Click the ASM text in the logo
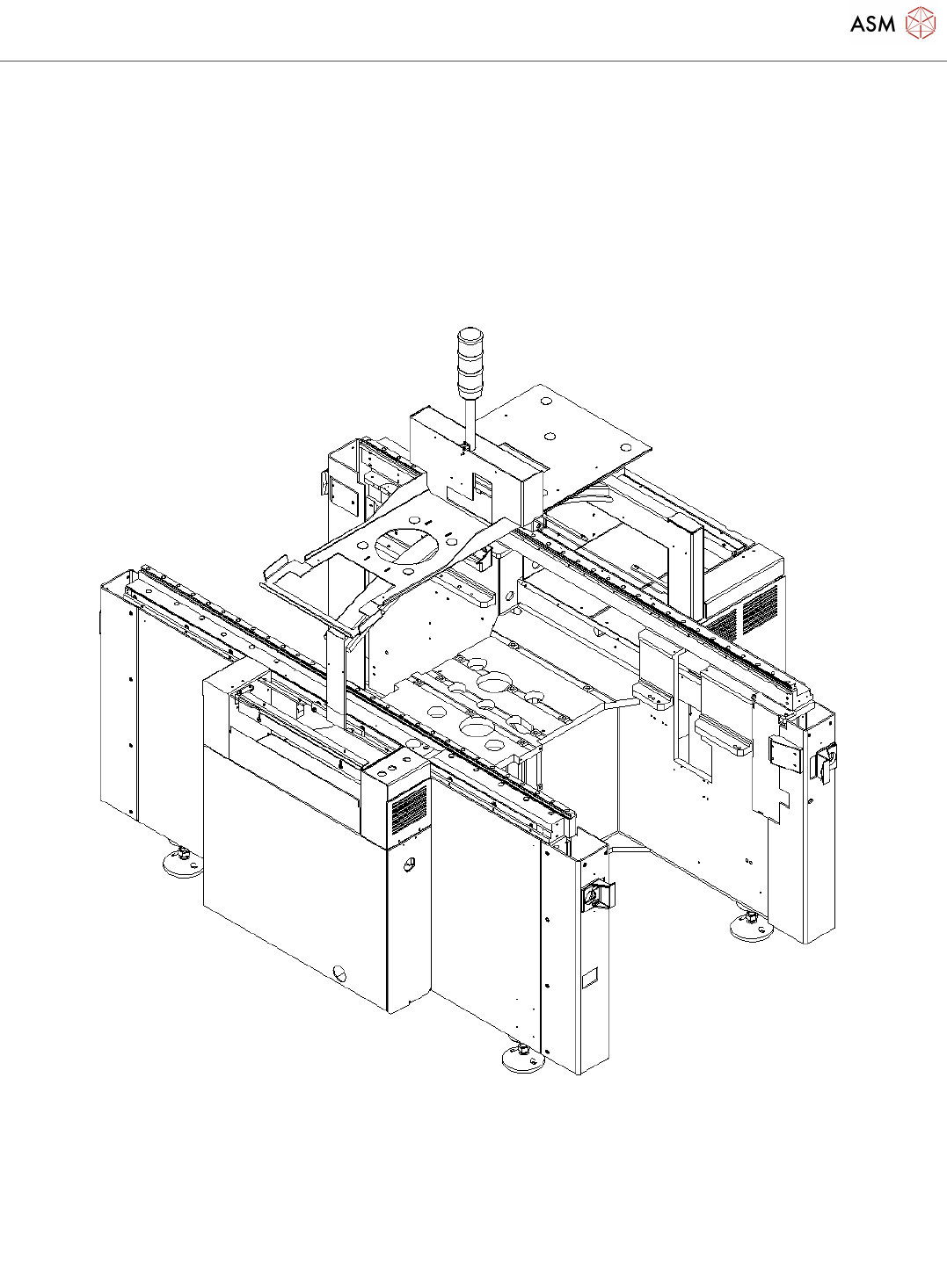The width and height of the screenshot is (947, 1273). click(873, 24)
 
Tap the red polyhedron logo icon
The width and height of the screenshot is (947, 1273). click(921, 23)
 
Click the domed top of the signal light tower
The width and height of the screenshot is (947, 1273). click(468, 335)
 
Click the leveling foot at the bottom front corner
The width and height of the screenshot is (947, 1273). click(523, 1058)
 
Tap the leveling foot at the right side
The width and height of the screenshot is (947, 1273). click(751, 924)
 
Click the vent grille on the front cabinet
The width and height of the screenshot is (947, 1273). click(409, 810)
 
